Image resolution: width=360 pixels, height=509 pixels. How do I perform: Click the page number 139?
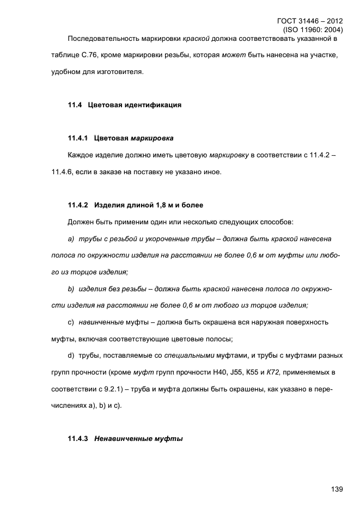click(336, 489)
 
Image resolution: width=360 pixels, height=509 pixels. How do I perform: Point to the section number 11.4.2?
click(78, 205)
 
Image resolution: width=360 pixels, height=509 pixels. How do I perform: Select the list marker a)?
click(71, 239)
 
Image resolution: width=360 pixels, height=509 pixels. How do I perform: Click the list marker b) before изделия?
click(71, 289)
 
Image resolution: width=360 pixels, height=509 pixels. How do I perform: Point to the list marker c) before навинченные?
click(71, 322)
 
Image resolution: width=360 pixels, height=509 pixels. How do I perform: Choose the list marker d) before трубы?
click(71, 356)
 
